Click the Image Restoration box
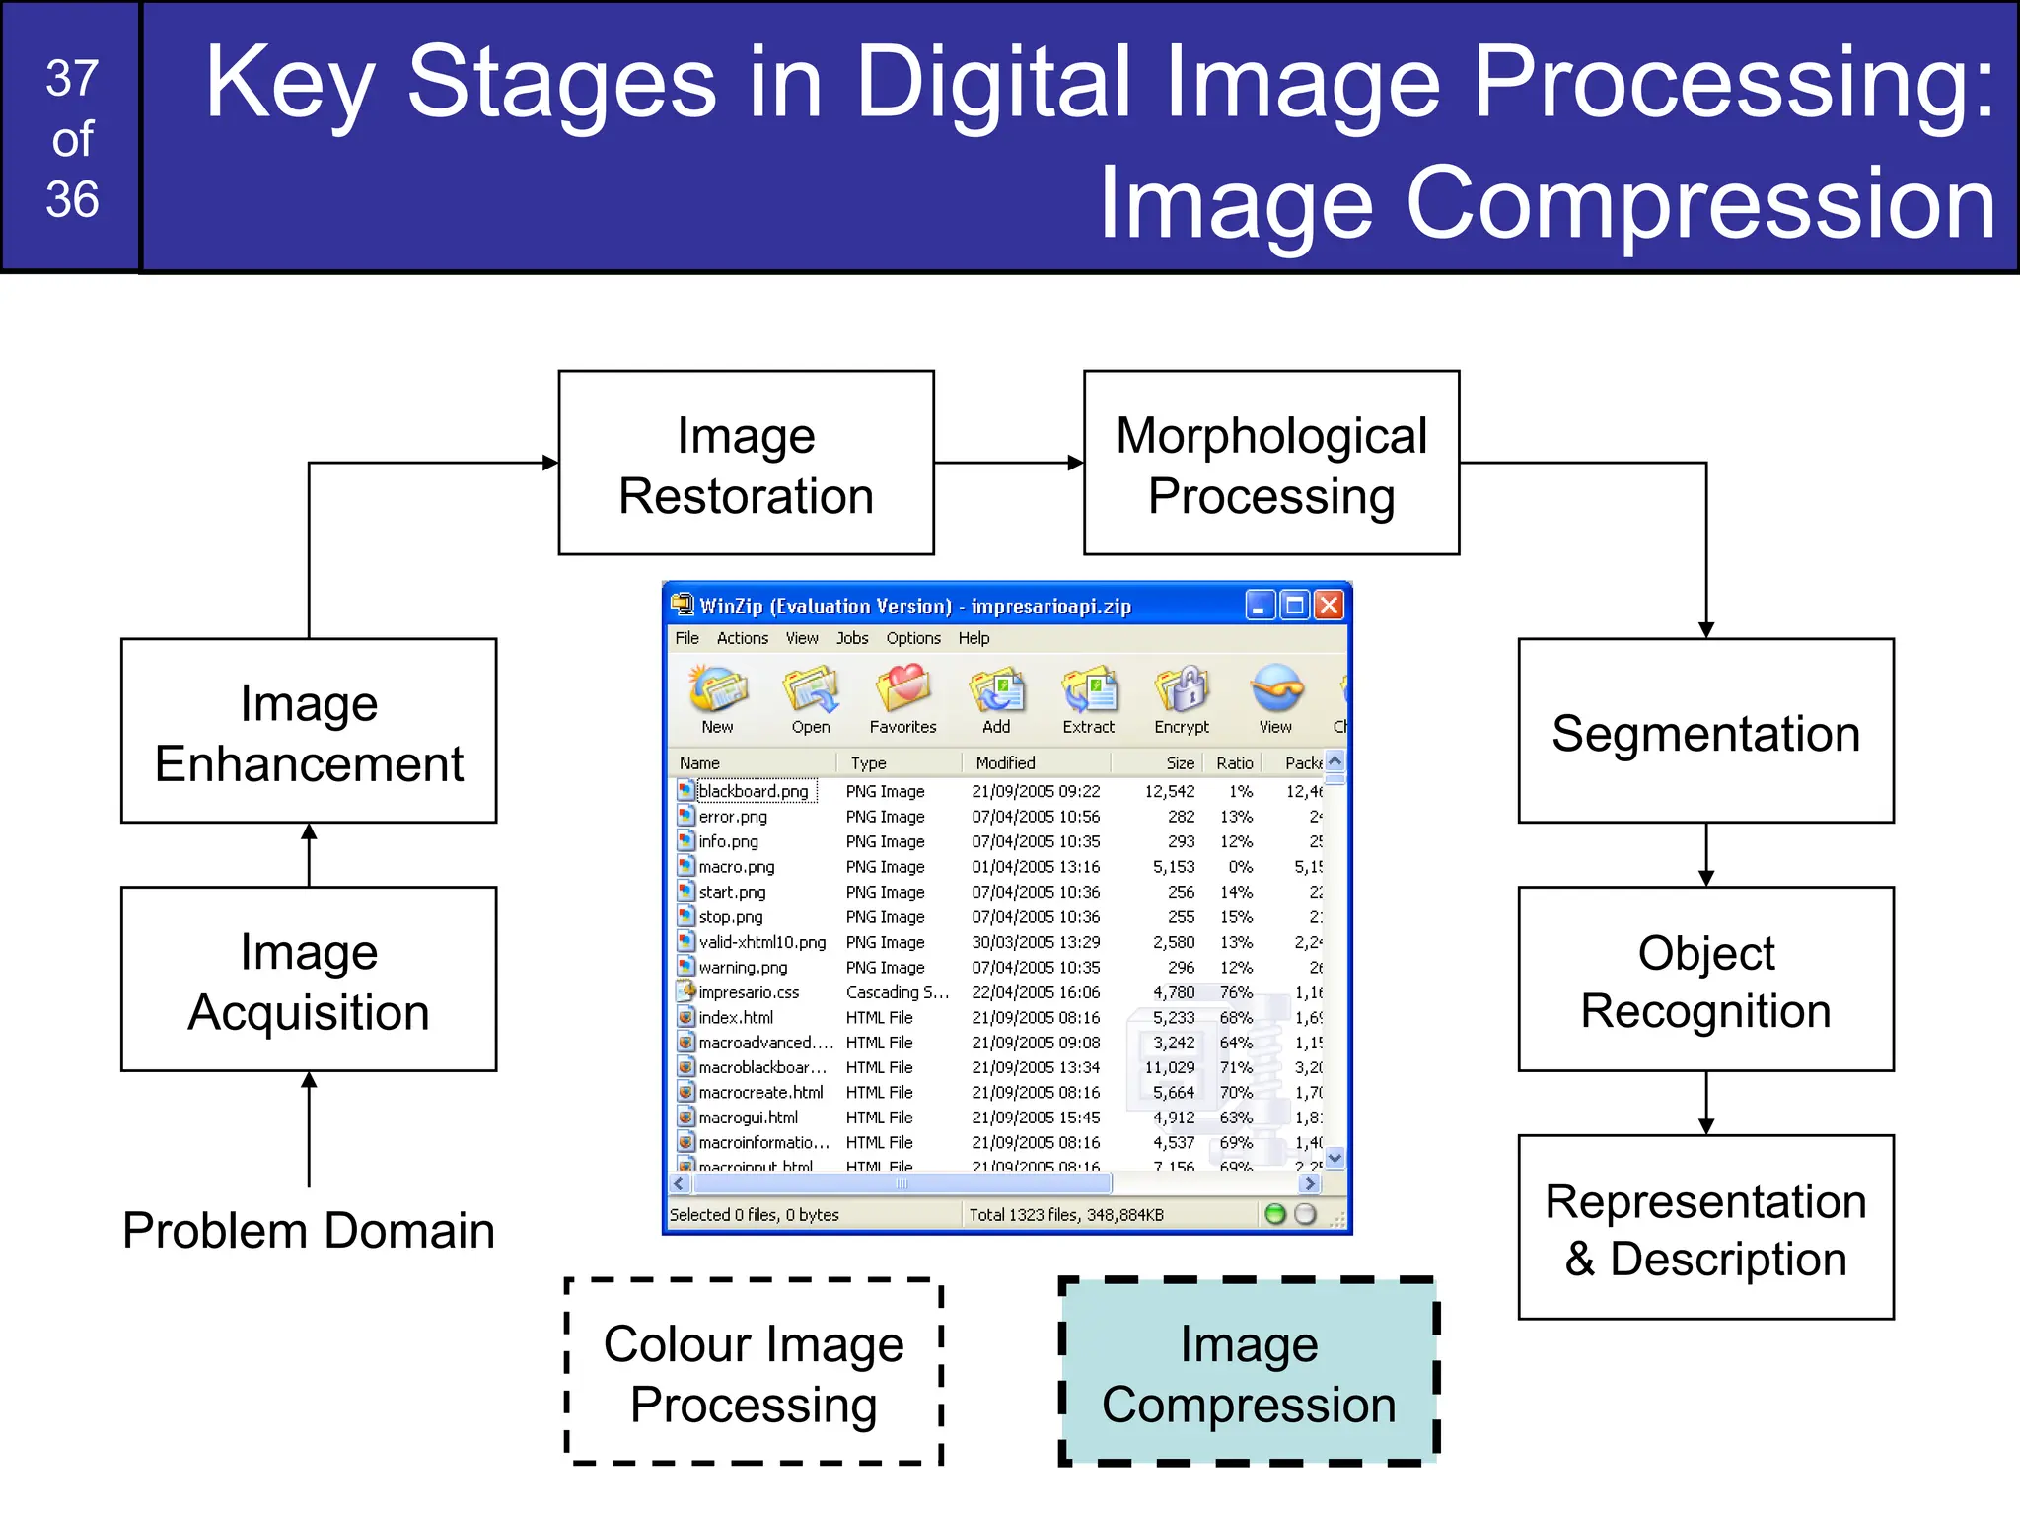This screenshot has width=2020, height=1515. tap(746, 464)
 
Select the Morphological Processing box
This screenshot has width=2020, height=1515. tap(1270, 464)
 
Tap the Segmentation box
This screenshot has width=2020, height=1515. tap(1705, 732)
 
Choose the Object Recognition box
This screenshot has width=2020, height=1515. tap(1705, 979)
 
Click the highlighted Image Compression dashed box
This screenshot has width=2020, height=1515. tap(1249, 1372)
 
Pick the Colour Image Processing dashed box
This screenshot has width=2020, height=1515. tap(754, 1372)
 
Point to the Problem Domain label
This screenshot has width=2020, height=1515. tap(308, 1230)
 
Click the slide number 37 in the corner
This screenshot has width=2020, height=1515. tap(72, 78)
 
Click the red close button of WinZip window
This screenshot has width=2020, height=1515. tap(1329, 605)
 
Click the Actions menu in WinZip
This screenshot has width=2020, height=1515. tap(742, 638)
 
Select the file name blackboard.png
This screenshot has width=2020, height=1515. tap(754, 791)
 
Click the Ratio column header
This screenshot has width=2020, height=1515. tap(1234, 762)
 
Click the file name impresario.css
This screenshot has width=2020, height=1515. tap(749, 992)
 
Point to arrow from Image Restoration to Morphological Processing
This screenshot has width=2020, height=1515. tap(1008, 463)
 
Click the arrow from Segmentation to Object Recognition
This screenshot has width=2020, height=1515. tap(1706, 854)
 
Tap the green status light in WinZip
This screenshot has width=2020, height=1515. tap(1275, 1214)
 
